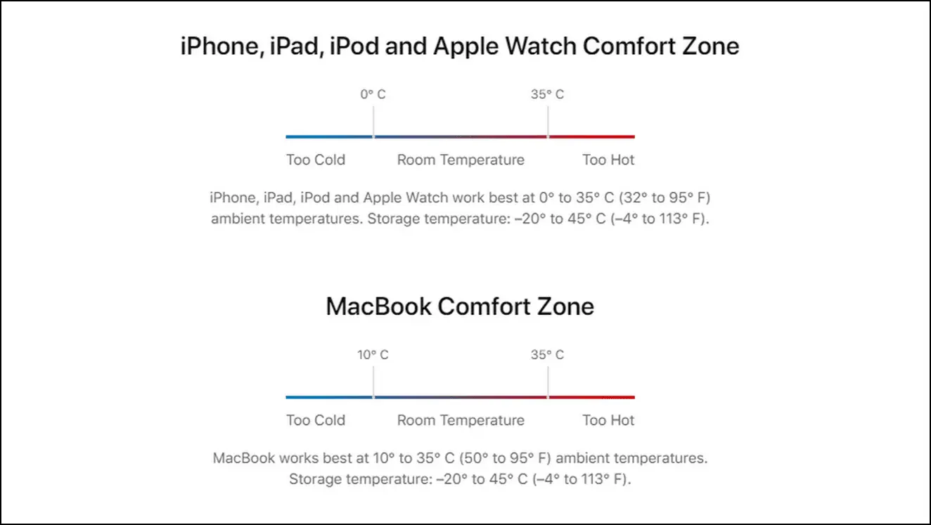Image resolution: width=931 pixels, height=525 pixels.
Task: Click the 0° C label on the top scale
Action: [x=373, y=94]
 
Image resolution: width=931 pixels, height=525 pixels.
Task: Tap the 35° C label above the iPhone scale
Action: [x=547, y=94]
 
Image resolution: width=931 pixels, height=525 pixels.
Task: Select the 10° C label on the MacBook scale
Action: [x=373, y=355]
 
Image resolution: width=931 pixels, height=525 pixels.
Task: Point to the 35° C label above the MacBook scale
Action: [x=547, y=355]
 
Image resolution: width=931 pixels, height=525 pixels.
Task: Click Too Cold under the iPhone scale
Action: [x=316, y=160]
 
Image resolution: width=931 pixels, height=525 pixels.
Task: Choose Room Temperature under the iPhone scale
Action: [x=461, y=160]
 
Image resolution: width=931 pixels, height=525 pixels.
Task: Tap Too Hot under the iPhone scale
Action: [x=608, y=160]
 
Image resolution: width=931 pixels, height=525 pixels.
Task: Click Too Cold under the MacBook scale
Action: [x=316, y=420]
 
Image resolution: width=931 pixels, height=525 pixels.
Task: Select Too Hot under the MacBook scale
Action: [x=608, y=420]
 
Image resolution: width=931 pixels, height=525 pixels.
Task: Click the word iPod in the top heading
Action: [x=354, y=46]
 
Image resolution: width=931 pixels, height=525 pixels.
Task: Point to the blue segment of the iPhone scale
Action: [x=329, y=136]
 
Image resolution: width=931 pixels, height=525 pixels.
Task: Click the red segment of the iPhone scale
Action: [x=591, y=136]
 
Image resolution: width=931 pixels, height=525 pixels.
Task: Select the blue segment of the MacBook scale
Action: [x=329, y=398]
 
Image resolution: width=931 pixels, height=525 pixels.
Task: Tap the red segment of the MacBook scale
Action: [x=591, y=398]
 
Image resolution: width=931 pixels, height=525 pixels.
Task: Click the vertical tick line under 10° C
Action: [x=373, y=382]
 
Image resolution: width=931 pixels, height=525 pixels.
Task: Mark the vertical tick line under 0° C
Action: [x=373, y=122]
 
